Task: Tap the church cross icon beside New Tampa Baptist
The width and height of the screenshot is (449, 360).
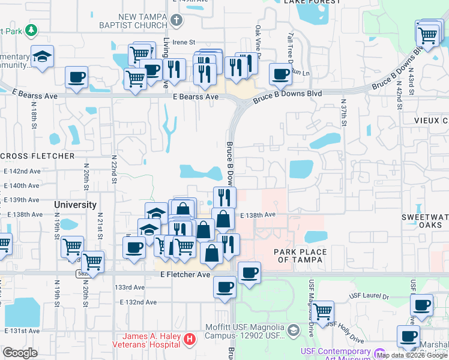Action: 176,21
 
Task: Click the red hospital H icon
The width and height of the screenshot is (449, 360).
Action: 190,340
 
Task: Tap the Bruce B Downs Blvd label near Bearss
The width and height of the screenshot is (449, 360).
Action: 287,95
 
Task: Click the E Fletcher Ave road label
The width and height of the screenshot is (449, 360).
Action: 185,274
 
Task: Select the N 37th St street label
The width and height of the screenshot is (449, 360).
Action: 344,112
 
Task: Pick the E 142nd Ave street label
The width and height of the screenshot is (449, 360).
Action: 22,171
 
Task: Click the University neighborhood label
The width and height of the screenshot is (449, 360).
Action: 75,205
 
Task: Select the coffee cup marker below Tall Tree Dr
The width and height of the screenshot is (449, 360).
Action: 280,74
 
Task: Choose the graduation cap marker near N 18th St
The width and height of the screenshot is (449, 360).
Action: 42,56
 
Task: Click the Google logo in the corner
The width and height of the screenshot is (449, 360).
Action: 20,353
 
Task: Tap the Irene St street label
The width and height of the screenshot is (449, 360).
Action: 184,42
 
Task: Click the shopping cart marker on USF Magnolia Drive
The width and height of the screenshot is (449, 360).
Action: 323,311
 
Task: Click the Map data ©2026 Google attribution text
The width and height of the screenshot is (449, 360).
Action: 411,355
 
